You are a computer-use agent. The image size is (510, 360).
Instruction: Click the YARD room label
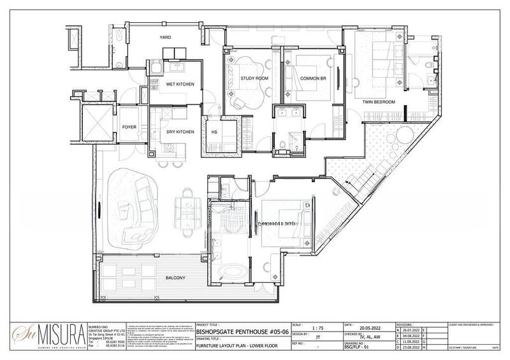(x=166, y=38)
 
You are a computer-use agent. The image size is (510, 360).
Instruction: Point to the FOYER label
(x=129, y=127)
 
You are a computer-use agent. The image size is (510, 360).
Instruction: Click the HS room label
(x=215, y=133)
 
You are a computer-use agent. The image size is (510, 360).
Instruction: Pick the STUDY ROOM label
(x=254, y=78)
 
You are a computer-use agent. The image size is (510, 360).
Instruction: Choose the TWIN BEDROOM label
(x=379, y=102)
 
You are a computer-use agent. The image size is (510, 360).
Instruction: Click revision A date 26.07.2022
(x=412, y=330)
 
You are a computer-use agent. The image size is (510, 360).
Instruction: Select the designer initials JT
(x=317, y=338)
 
